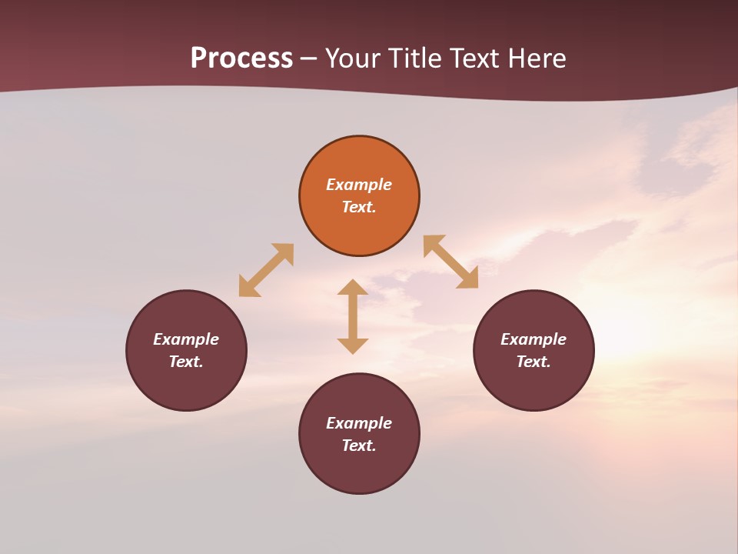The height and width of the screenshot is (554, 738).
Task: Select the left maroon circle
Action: (x=186, y=385)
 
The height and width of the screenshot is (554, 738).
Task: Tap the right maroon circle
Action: (x=534, y=385)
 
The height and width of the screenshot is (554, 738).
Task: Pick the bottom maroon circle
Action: (x=359, y=469)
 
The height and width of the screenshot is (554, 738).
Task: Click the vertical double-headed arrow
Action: (x=353, y=316)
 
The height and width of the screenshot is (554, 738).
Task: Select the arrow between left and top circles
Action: (x=266, y=270)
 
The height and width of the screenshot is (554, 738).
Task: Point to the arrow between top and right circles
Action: (x=450, y=262)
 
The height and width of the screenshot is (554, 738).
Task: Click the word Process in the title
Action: (x=241, y=58)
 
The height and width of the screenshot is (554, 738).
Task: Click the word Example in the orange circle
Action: (x=359, y=185)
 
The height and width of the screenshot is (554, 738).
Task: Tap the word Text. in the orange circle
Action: (x=359, y=207)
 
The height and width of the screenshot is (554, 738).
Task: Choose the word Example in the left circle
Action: (x=186, y=339)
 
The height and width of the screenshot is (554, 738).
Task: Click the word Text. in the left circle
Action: (x=186, y=362)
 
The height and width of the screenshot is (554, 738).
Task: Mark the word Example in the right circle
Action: (x=534, y=339)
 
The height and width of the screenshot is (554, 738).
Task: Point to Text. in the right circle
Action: (x=534, y=362)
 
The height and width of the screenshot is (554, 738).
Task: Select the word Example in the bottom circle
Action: (x=359, y=423)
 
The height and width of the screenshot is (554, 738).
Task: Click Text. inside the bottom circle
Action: (x=359, y=446)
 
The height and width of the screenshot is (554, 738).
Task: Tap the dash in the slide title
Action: (x=309, y=59)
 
